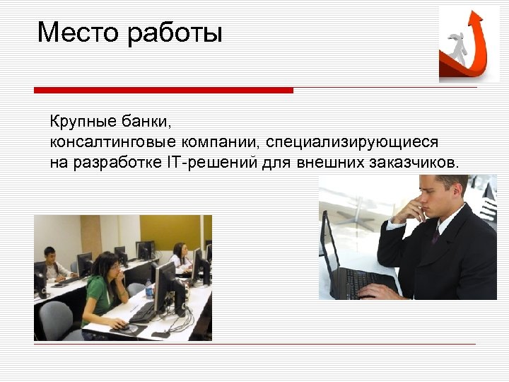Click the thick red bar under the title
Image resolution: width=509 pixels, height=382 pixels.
[x=163, y=91]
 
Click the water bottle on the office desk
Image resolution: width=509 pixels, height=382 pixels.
[x=149, y=289]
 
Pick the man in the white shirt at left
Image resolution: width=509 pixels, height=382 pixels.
[x=52, y=264]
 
